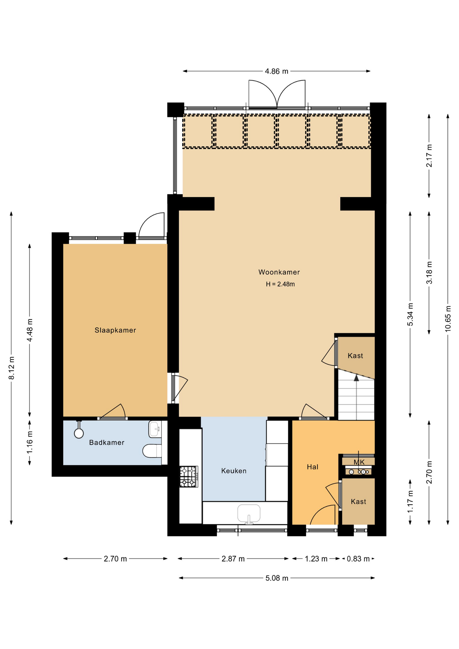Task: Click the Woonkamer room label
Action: tap(279, 272)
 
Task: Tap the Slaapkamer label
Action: tap(115, 330)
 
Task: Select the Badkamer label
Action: tap(107, 442)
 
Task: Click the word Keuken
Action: tap(234, 471)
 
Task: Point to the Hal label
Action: tap(313, 467)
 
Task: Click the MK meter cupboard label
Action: tap(359, 462)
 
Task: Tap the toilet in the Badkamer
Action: tap(152, 451)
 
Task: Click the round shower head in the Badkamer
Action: tap(79, 433)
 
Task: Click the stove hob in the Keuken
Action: tap(189, 477)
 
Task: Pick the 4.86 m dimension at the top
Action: tap(276, 71)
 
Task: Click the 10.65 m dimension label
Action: tap(448, 318)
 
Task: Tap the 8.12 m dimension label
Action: tap(11, 368)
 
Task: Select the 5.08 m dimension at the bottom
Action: tap(277, 578)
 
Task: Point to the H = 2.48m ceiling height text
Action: tap(280, 284)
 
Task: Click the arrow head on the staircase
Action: tap(356, 378)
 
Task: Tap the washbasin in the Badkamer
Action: tap(155, 429)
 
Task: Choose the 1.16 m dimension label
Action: tap(30, 442)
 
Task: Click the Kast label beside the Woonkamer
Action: tap(355, 356)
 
